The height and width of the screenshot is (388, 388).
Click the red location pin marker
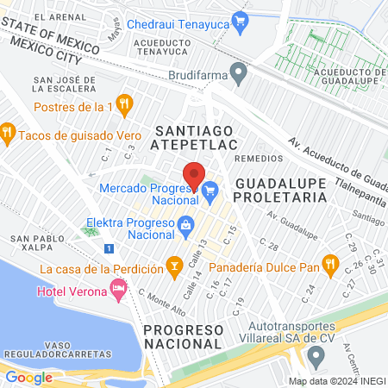coord(194,175)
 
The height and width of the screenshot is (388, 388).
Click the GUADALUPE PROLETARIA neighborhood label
coord(282,191)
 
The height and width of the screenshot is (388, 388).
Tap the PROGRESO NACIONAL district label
coord(184,338)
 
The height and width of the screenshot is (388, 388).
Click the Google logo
coord(28,377)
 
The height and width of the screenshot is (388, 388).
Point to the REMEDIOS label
coord(258,158)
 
